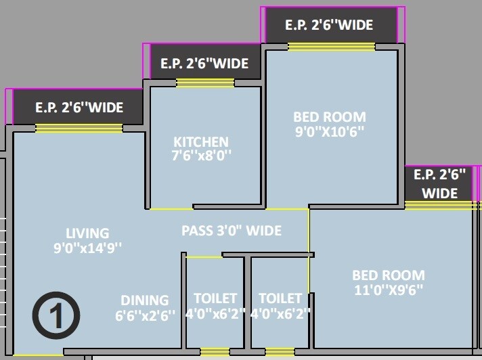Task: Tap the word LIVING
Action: coord(87,233)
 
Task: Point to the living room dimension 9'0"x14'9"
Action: coord(87,248)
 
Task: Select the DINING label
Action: coord(145,300)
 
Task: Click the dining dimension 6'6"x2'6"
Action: coord(145,315)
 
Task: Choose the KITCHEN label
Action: coord(201,142)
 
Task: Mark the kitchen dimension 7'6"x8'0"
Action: coord(201,156)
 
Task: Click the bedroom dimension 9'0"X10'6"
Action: coord(329,131)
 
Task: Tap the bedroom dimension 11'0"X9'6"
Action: coord(389,290)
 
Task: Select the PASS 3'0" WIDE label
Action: coord(232,231)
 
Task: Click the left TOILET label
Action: coord(215,298)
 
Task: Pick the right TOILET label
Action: coord(280,298)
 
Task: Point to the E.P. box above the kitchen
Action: coord(204,64)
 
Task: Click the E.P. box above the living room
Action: coord(79,107)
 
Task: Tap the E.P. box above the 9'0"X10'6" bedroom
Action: coord(329,25)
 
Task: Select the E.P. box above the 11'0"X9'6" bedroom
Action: coord(439,183)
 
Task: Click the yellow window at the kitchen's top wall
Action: coord(204,83)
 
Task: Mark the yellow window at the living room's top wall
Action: coord(79,129)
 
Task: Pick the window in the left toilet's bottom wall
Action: coord(215,351)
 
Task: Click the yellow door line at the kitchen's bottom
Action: coord(171,208)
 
